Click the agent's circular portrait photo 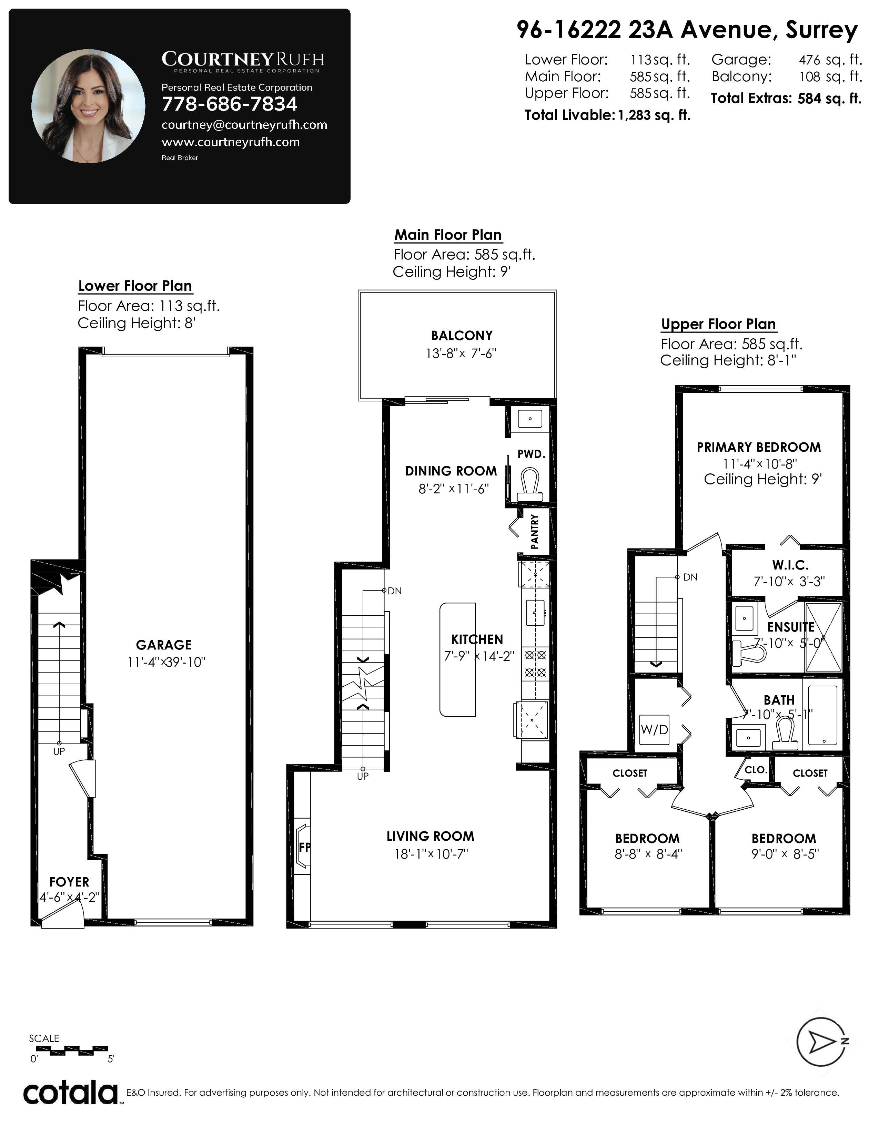click(x=88, y=106)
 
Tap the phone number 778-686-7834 click(x=229, y=104)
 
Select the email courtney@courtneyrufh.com click(x=244, y=125)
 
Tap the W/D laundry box click(x=654, y=729)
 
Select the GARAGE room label click(x=163, y=645)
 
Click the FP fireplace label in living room click(x=305, y=848)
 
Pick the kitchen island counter click(x=458, y=659)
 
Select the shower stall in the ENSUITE click(x=823, y=637)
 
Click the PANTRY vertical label click(x=534, y=532)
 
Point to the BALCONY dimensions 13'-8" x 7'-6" click(x=461, y=354)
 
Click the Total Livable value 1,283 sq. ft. click(x=654, y=115)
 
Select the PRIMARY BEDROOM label click(x=759, y=447)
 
